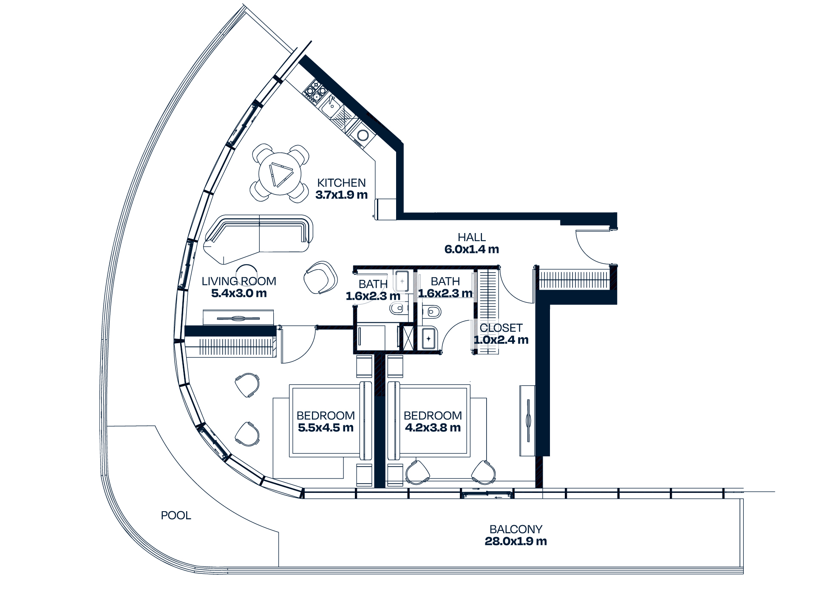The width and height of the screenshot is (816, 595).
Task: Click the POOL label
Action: coord(176,515)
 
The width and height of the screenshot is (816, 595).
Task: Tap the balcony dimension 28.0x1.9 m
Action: coord(516,541)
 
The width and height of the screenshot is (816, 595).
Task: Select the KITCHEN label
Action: coord(341,183)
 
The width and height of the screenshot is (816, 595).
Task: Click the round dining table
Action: coord(280,174)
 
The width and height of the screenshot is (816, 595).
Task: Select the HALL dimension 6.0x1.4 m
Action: coord(471,249)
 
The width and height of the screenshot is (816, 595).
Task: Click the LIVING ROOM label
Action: coord(239,281)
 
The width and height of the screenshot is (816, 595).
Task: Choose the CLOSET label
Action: coord(501,328)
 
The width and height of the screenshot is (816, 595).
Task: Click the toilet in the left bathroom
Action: coord(397,308)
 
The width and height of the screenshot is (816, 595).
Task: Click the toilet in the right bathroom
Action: coord(433,312)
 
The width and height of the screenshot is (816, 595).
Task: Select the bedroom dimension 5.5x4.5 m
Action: coord(326,428)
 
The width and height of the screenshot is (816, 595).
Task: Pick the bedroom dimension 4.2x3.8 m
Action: coord(433,428)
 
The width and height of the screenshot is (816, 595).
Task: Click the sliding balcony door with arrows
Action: coord(487,494)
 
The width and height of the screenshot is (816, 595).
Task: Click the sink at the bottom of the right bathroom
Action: coord(428,339)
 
